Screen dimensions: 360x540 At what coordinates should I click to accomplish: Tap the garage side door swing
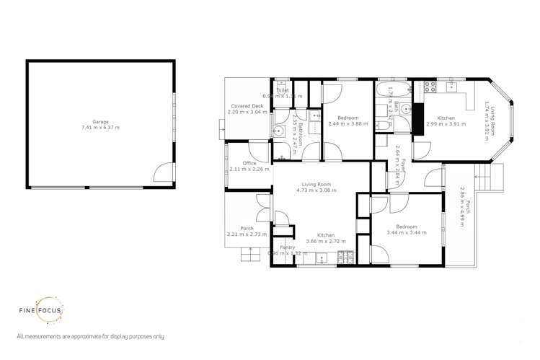pos(165,171)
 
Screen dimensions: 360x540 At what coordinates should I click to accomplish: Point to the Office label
pos(249,163)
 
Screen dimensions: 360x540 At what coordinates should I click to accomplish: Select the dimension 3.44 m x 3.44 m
pos(406,233)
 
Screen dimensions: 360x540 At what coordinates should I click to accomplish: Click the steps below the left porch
pos(250,255)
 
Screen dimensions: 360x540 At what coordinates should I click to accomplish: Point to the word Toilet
pos(283,91)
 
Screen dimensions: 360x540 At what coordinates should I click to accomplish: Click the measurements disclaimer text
pos(90,336)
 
